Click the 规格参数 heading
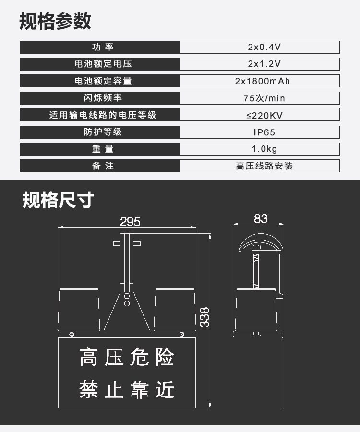click(x=55, y=22)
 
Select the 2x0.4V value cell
click(x=260, y=47)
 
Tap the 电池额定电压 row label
click(x=100, y=64)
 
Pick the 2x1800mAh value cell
click(x=260, y=81)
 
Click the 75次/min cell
click(x=260, y=98)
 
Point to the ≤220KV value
click(x=260, y=115)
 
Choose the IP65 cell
click(x=260, y=132)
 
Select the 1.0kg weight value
click(x=260, y=149)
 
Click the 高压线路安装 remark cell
click(x=260, y=166)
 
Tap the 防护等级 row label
click(x=100, y=132)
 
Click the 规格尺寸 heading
click(x=58, y=200)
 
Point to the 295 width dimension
click(x=130, y=221)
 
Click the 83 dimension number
click(x=260, y=219)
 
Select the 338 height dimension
click(x=205, y=317)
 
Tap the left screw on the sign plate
click(x=72, y=334)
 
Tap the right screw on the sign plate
click(x=181, y=334)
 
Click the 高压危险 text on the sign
click(x=126, y=358)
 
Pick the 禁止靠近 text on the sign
click(x=126, y=389)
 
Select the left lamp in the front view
click(x=78, y=310)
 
